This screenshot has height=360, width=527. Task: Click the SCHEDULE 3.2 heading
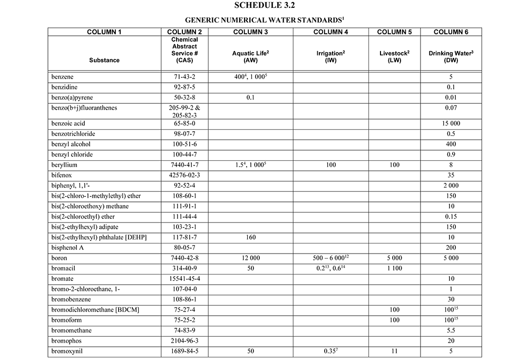pos(263,5)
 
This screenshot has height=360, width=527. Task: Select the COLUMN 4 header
pos(331,32)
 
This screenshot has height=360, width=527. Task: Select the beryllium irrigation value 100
pos(331,165)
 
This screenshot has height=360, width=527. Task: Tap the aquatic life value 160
pos(250,237)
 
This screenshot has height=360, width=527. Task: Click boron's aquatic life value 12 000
pos(250,258)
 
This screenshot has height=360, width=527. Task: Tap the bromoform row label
pos(67,320)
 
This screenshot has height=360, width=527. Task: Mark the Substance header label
pos(104,60)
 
